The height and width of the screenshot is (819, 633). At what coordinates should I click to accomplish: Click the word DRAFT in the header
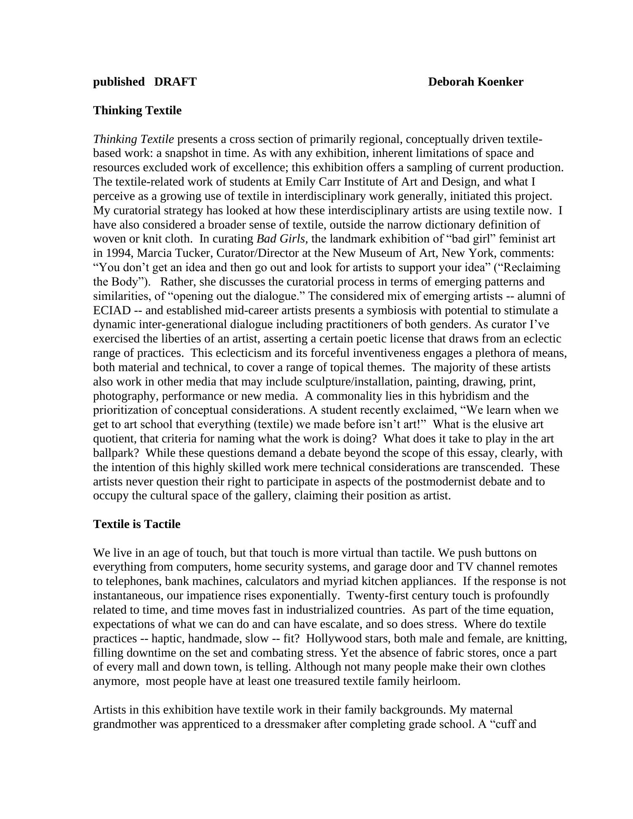click(175, 82)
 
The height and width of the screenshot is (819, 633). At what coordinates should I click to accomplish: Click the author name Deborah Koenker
click(476, 82)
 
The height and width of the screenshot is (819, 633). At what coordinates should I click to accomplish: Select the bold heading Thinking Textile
click(137, 110)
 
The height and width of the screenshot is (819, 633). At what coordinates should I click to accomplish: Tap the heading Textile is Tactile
click(137, 524)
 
